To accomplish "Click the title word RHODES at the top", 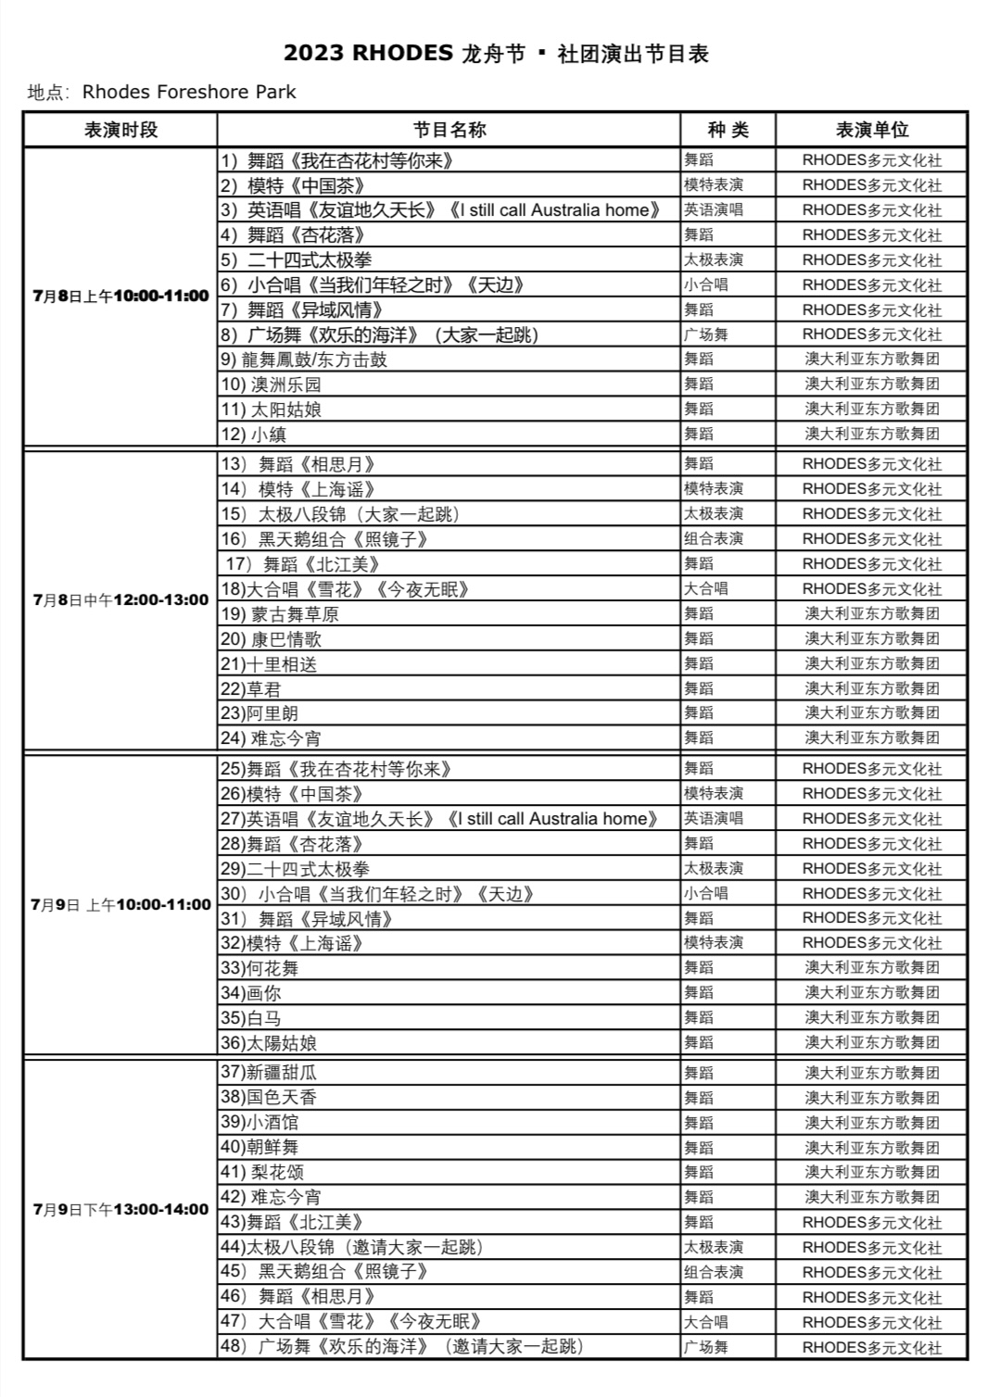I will click(402, 54).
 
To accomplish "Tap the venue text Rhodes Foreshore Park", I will click(189, 92).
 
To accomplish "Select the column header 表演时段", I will click(120, 130).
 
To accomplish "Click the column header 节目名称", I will click(450, 130).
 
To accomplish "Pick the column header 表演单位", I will click(871, 130).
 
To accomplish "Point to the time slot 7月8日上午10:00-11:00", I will click(120, 296).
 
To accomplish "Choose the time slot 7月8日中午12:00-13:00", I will click(120, 600).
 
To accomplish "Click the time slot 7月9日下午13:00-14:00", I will click(120, 1209).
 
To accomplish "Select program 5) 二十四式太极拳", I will click(297, 260).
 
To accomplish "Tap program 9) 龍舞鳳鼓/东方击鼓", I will click(304, 359).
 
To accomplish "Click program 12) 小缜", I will click(254, 434).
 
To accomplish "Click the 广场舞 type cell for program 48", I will click(706, 1347).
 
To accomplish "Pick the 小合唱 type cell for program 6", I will click(706, 285).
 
